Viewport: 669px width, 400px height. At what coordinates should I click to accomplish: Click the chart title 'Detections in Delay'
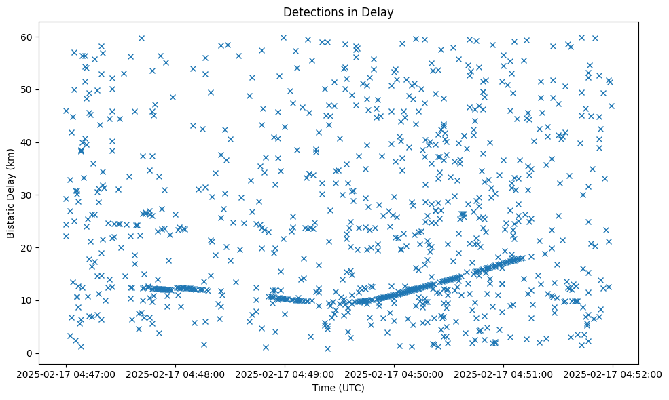[x=338, y=12]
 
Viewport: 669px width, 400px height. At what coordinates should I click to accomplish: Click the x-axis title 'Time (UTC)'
[x=338, y=388]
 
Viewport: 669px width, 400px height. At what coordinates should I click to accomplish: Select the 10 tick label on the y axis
[x=28, y=300]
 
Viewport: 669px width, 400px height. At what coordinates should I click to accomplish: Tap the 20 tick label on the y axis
[x=28, y=247]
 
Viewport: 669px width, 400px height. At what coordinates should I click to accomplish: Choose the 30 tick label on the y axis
[x=28, y=195]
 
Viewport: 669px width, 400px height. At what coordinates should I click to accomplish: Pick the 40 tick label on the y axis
[x=28, y=142]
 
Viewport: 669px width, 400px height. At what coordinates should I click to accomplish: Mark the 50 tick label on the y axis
[x=28, y=89]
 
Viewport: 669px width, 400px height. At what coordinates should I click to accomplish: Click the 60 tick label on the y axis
[x=28, y=37]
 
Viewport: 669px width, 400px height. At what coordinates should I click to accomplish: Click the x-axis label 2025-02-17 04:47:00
[x=67, y=374]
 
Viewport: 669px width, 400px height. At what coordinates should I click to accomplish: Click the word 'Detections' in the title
[x=310, y=12]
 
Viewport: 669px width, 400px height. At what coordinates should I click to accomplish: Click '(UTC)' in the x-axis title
[x=350, y=388]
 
